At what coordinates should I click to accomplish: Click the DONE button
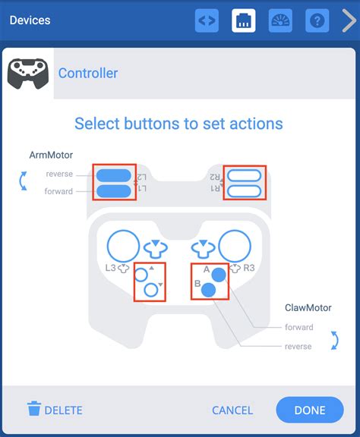click(x=310, y=410)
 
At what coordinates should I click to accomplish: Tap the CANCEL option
click(x=232, y=410)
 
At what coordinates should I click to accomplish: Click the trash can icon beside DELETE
click(x=34, y=409)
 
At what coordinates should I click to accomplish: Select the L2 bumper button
click(x=114, y=174)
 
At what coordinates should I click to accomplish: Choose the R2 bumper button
click(x=245, y=174)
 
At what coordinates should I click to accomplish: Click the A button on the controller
click(x=219, y=274)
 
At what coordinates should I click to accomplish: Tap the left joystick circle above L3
click(x=123, y=246)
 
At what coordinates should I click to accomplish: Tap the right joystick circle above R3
click(x=235, y=246)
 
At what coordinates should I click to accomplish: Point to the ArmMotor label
click(x=51, y=155)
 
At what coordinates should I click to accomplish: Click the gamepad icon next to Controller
click(x=27, y=74)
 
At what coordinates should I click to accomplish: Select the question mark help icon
click(x=317, y=20)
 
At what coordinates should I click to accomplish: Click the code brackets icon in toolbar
click(x=207, y=20)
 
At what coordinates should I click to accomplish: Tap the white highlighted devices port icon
click(x=244, y=20)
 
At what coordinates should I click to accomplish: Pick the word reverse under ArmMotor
click(x=59, y=174)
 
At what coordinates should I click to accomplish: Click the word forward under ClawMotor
click(x=298, y=327)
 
